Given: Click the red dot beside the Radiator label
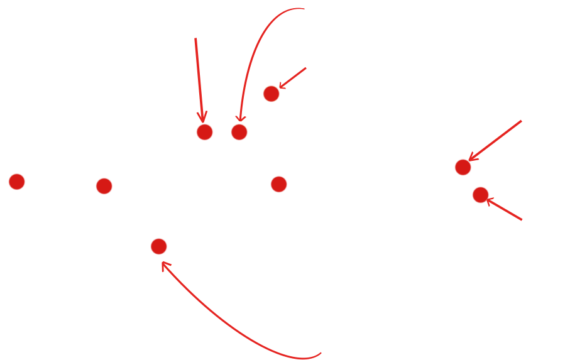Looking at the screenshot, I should click(16, 182).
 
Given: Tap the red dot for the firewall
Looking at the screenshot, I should click(104, 186).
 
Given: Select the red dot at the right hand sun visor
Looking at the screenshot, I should click(204, 132).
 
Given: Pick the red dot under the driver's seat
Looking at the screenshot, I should click(239, 132).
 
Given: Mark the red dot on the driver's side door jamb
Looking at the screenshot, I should click(271, 94).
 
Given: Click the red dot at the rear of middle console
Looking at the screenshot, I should click(278, 184).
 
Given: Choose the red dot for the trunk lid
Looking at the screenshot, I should click(463, 167).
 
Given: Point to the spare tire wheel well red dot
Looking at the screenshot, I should click(480, 195).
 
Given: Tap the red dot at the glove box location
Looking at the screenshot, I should click(159, 246).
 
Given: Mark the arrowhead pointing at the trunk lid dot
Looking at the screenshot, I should click(472, 157).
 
